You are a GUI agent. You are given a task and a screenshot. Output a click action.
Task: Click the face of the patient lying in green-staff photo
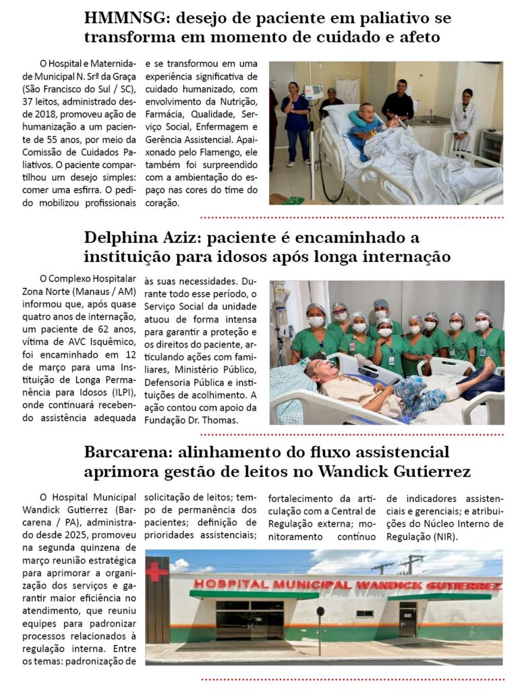click(316, 368)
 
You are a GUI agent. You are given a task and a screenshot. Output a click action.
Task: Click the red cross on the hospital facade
click(156, 572)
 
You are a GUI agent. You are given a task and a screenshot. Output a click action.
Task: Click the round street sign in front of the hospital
click(320, 612)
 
